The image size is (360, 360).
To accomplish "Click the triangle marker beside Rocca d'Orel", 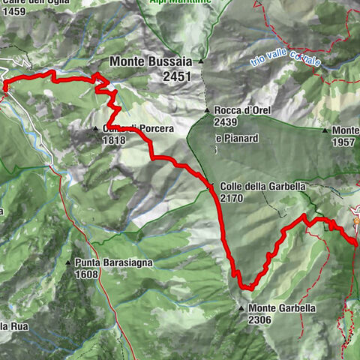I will pos(208,112).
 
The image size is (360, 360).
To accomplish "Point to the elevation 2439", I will pos(226,122).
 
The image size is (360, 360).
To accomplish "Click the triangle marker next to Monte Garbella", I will pos(241,308).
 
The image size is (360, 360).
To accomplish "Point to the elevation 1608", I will pos(88,274).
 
